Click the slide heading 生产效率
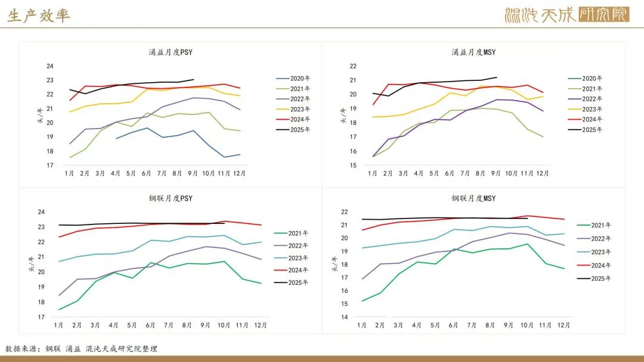(x=39, y=15)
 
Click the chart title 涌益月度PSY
(x=171, y=52)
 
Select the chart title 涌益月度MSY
(x=473, y=52)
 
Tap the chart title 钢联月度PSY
(x=171, y=198)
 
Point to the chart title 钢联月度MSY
(x=473, y=198)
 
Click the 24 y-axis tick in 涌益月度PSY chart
(x=50, y=66)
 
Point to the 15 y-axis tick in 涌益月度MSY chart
(x=353, y=166)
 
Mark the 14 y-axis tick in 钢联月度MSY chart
(x=345, y=317)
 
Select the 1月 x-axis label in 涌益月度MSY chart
(x=373, y=173)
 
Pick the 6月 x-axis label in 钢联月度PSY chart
(x=150, y=325)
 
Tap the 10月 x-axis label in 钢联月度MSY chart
(x=527, y=325)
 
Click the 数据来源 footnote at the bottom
(x=81, y=349)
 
